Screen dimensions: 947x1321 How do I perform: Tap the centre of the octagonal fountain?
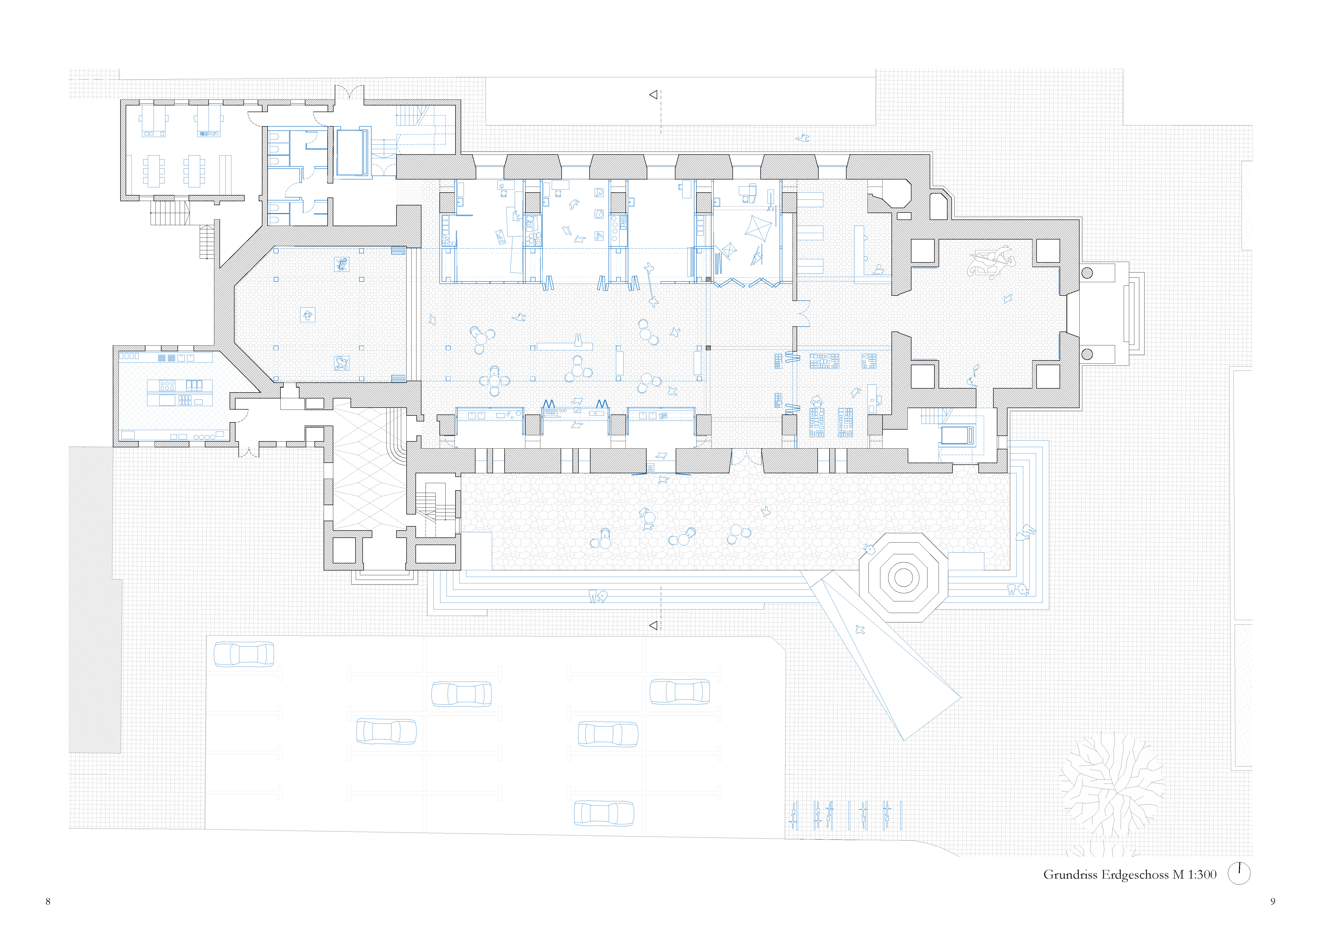tap(903, 577)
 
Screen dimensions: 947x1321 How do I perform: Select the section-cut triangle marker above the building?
tap(653, 94)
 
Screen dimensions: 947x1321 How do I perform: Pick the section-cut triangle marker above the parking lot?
tap(653, 626)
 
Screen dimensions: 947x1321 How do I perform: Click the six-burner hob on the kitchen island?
tap(167, 385)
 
